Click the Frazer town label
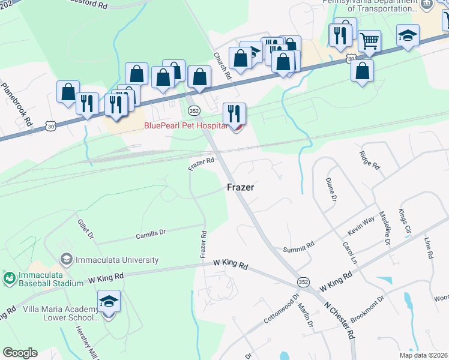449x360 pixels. [241, 187]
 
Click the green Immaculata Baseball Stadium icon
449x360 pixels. [9, 278]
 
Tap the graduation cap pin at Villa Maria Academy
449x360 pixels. [109, 302]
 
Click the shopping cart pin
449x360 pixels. [369, 41]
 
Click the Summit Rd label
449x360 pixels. [299, 246]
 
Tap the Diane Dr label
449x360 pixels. [331, 188]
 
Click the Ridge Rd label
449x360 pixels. [369, 159]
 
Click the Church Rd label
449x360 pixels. [222, 66]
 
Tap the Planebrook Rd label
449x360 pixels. [16, 103]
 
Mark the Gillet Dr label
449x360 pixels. [85, 229]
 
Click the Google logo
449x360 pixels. [20, 353]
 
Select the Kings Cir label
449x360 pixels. [403, 221]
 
